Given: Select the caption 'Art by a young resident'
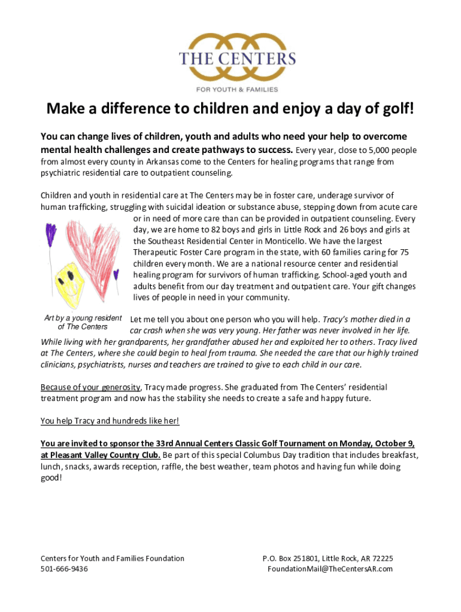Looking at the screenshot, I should click(x=83, y=318).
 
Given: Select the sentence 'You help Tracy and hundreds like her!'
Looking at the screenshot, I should click(x=110, y=421).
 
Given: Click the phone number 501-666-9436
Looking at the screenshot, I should click(x=64, y=569).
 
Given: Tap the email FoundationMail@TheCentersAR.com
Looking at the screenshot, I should click(x=330, y=569).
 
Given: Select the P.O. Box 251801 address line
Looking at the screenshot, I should click(x=327, y=558).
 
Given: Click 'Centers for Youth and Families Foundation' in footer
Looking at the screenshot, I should click(x=113, y=558).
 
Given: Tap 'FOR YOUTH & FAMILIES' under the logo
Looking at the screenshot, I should click(x=237, y=90).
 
